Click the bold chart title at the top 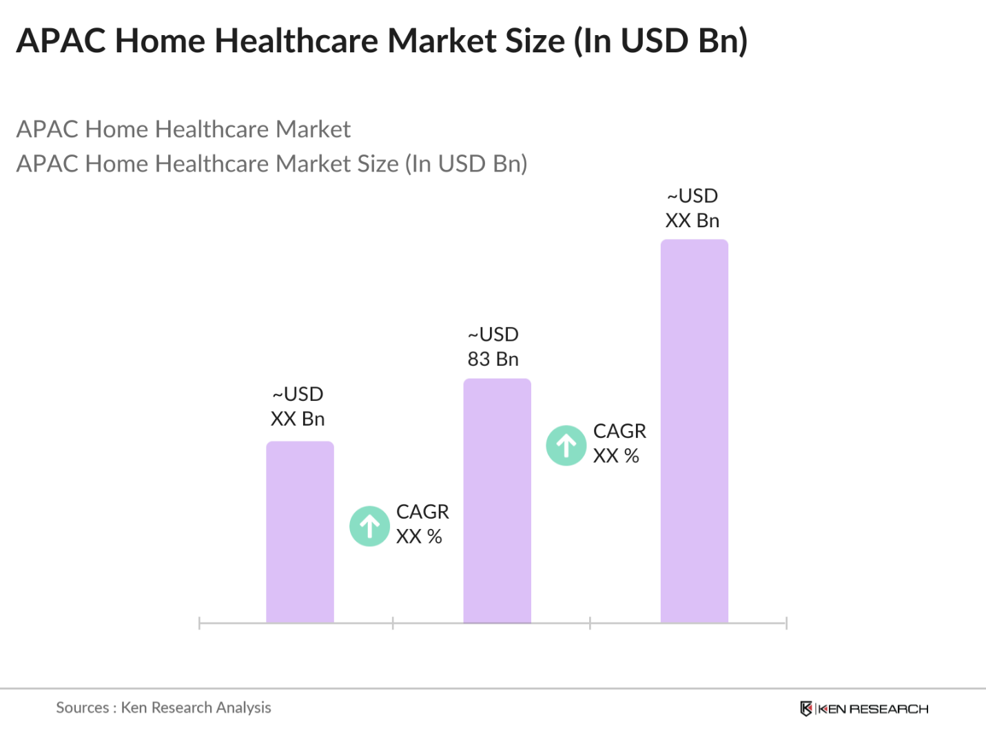[x=382, y=41]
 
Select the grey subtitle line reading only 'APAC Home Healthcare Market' [x=183, y=129]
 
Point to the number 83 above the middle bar [x=479, y=360]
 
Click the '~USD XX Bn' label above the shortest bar [x=298, y=406]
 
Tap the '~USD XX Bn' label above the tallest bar [x=692, y=208]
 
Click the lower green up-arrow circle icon [x=370, y=526]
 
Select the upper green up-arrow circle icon [x=566, y=446]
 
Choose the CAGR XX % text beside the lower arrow [x=422, y=524]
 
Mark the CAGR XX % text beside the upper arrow [x=619, y=444]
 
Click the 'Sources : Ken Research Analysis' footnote [x=163, y=707]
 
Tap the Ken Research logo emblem [x=805, y=709]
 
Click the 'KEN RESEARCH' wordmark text [x=873, y=709]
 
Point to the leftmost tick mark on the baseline [x=199, y=623]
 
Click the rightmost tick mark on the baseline [x=786, y=623]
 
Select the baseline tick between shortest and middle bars [x=393, y=623]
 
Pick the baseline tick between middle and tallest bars [x=590, y=623]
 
